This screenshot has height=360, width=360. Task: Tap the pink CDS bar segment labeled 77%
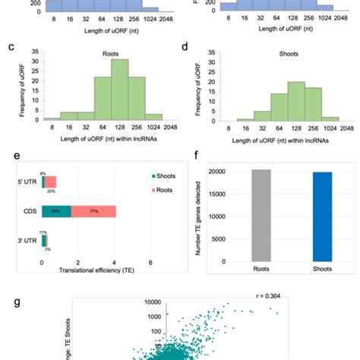(94, 210)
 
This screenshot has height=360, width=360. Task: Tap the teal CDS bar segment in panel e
(57, 210)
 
